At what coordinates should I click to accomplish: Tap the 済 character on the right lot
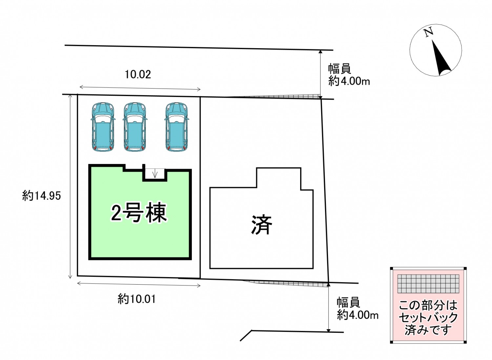(x=261, y=225)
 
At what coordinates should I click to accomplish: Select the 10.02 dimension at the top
(x=138, y=74)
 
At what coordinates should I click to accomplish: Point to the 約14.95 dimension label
(x=42, y=196)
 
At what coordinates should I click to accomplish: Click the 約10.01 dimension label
(x=136, y=299)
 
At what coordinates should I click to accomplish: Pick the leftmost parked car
(x=103, y=127)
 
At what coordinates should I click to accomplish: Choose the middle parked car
(x=134, y=127)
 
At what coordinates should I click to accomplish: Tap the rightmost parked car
(x=176, y=127)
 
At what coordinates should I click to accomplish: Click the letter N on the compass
(x=428, y=32)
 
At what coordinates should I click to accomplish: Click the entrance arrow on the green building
(x=155, y=173)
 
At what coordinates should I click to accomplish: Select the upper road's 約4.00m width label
(x=349, y=81)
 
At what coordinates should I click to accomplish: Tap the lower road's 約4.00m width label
(x=358, y=315)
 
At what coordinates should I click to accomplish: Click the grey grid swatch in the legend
(x=428, y=284)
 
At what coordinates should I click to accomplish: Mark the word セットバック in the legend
(x=428, y=318)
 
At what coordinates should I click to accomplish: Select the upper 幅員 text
(x=340, y=69)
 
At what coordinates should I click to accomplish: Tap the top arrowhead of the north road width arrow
(x=320, y=51)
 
